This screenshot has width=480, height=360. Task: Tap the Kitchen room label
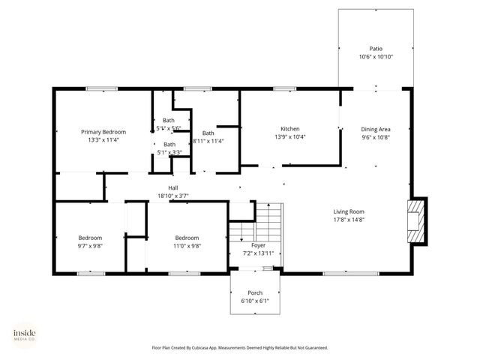coord(290,128)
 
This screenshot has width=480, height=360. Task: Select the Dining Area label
coord(376,128)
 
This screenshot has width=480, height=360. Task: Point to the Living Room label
coord(349,211)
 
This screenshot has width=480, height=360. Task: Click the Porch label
coord(255,292)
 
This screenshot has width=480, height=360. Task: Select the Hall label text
coord(172,187)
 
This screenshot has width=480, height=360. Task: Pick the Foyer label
coord(258,245)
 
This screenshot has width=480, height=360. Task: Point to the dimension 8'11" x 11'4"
coord(208,141)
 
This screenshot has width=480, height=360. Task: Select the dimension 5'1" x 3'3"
coord(169,153)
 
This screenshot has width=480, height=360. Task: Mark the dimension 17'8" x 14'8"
coord(349,220)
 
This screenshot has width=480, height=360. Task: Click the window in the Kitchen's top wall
coord(284,89)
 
